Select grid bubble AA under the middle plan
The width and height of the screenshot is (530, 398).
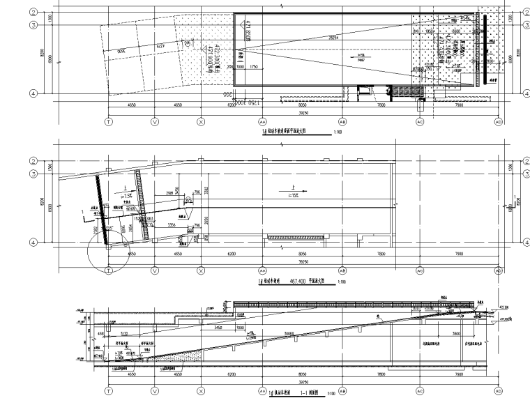(262, 270)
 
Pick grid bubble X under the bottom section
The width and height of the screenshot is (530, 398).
(201, 391)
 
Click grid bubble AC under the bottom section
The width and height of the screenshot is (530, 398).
(420, 391)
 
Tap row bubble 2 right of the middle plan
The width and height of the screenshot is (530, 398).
(525, 161)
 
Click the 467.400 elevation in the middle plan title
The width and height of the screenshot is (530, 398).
(308, 280)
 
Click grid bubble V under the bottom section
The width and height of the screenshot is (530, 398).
(155, 391)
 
